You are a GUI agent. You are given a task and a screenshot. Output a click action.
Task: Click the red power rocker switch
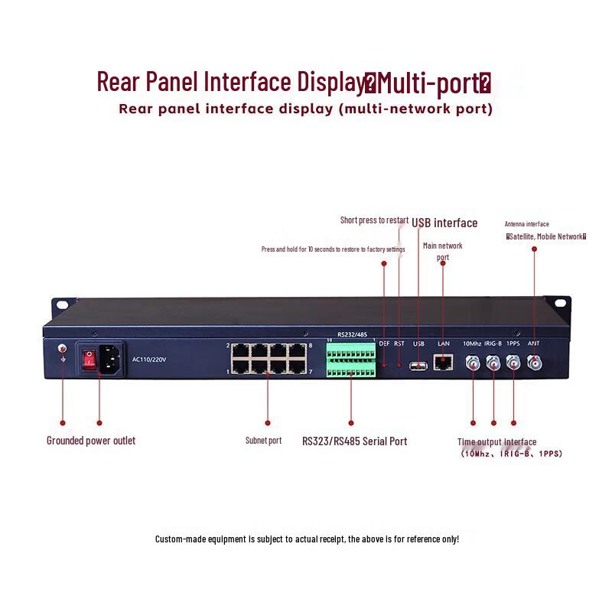(89, 358)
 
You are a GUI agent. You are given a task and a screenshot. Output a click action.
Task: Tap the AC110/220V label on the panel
(148, 359)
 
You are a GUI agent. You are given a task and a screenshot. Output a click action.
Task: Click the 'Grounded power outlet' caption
(91, 441)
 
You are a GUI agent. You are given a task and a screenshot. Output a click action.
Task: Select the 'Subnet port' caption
(263, 441)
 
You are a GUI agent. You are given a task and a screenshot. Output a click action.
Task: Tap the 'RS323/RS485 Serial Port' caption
(354, 441)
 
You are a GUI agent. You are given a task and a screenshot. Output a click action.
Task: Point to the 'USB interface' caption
(444, 223)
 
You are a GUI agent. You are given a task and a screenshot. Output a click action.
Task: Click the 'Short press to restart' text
(374, 220)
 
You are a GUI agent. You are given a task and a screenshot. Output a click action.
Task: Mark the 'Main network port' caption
(443, 251)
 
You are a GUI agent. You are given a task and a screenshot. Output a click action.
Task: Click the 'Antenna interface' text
(526, 224)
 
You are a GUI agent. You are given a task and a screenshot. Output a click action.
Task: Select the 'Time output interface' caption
(497, 442)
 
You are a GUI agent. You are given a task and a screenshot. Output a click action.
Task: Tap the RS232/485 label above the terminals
(353, 334)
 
